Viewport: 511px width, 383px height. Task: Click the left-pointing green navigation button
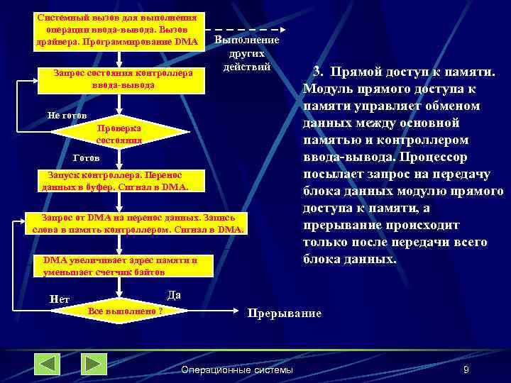48,365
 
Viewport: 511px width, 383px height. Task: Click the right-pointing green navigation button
94,365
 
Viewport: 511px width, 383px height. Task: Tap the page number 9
466,370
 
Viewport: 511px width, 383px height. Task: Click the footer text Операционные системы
237,370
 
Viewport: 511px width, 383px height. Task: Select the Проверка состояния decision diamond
119,135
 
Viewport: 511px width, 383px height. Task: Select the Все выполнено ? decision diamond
123,311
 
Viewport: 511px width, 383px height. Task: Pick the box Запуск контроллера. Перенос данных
116,181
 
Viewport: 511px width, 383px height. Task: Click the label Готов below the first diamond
87,157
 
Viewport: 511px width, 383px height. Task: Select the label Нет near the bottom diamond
60,299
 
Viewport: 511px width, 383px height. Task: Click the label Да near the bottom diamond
174,294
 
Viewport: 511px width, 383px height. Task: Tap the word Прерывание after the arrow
283,313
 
